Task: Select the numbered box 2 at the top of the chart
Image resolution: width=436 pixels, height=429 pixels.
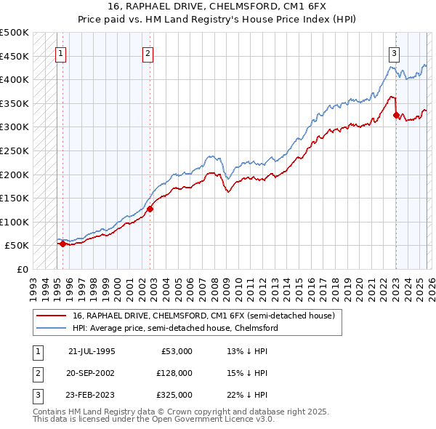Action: pyautogui.click(x=148, y=52)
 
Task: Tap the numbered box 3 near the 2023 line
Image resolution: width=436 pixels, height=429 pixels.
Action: pyautogui.click(x=394, y=52)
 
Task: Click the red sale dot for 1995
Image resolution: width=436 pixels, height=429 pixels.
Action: pyautogui.click(x=62, y=244)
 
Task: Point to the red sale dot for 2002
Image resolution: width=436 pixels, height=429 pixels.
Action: pyautogui.click(x=150, y=209)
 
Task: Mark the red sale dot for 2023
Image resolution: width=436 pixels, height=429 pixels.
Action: pyautogui.click(x=396, y=115)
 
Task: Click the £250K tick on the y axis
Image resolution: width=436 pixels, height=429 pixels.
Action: pyautogui.click(x=15, y=151)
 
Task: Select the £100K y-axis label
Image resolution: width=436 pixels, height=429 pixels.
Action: pyautogui.click(x=15, y=222)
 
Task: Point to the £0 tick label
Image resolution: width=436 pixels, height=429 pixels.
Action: pyautogui.click(x=22, y=269)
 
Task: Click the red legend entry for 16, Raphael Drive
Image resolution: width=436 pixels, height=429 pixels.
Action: pyautogui.click(x=203, y=316)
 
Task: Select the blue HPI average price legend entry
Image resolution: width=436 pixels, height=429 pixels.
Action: pyautogui.click(x=175, y=329)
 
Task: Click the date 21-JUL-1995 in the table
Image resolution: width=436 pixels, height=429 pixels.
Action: pyautogui.click(x=92, y=351)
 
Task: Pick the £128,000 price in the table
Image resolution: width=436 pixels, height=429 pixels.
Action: pyautogui.click(x=174, y=373)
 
